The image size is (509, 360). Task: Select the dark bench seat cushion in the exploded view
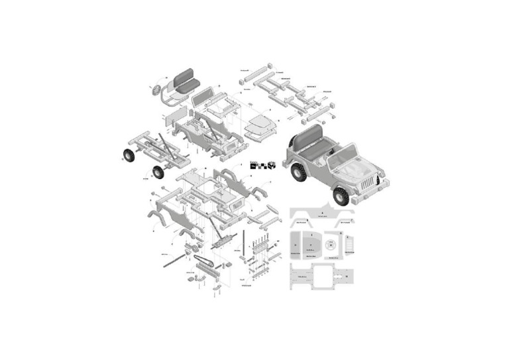coord(185,84)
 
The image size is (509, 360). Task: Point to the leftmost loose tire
coord(127,155)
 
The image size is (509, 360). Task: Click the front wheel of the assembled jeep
coord(341,196)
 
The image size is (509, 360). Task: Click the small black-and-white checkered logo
coord(262,165)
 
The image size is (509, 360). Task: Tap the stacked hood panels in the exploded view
coord(259,125)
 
